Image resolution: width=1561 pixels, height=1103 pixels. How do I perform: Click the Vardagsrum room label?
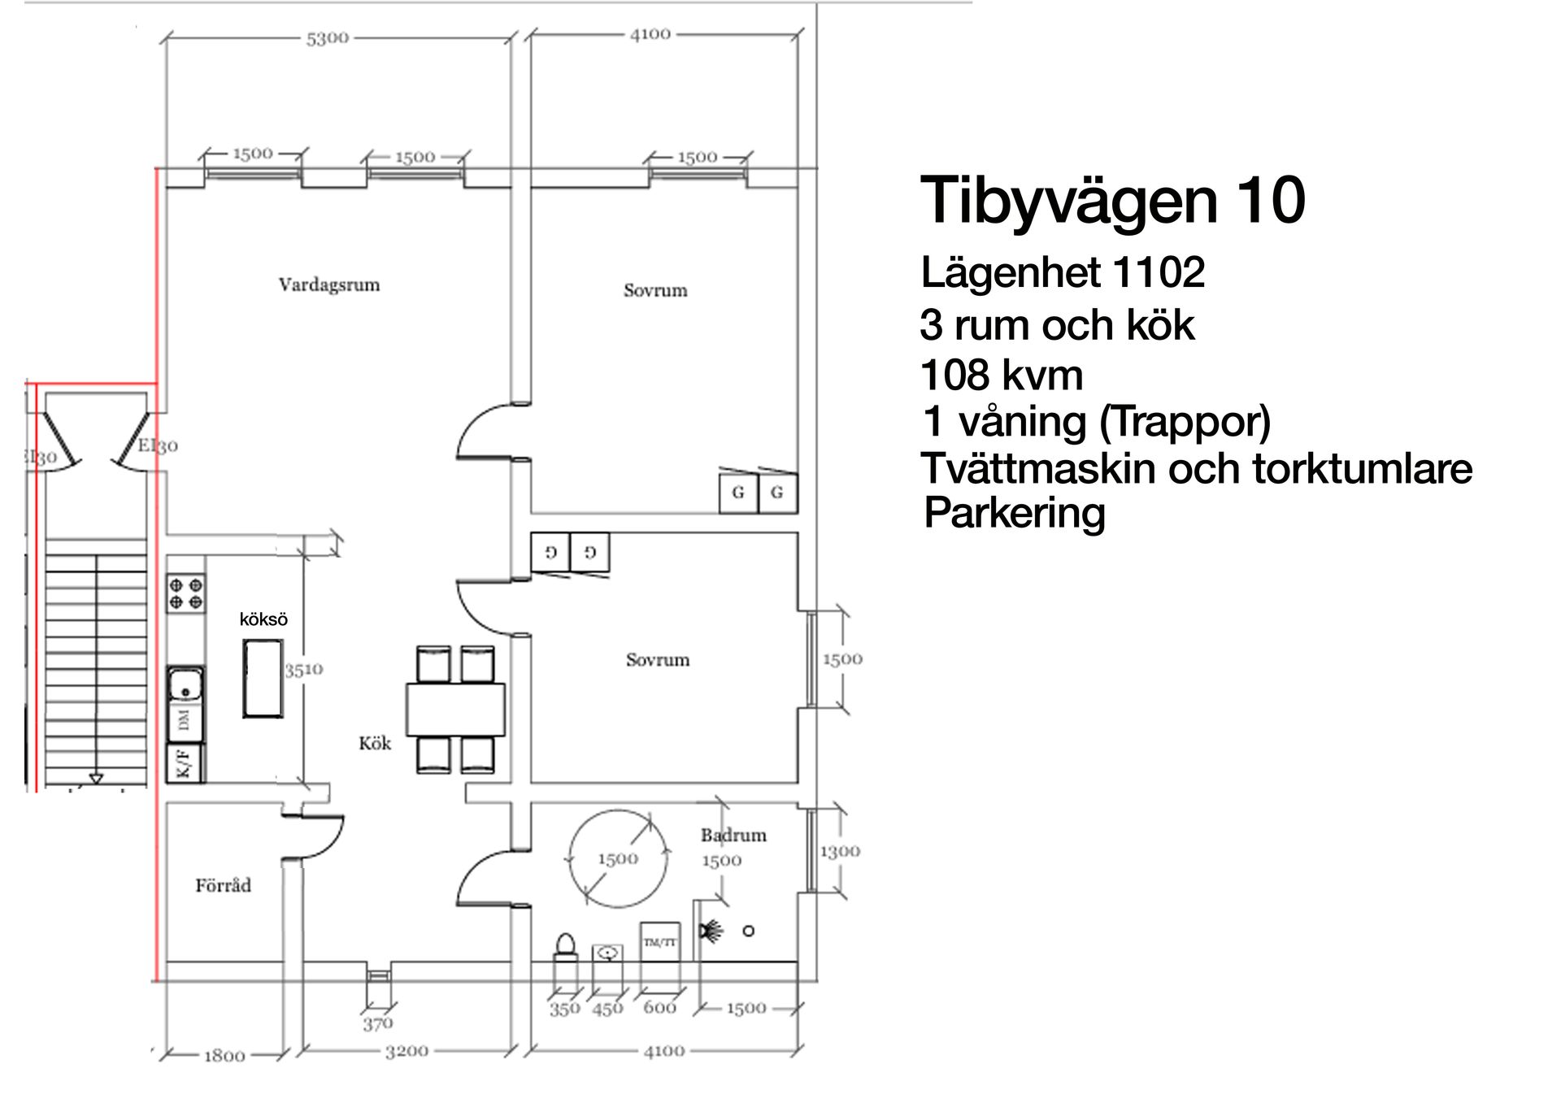click(x=328, y=285)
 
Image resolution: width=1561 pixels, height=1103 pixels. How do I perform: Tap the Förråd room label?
click(x=223, y=885)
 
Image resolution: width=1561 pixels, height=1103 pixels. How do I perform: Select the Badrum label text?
click(x=733, y=835)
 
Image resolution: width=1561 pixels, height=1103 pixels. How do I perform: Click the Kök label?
click(x=375, y=743)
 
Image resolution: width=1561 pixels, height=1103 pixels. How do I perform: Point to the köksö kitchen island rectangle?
click(x=263, y=678)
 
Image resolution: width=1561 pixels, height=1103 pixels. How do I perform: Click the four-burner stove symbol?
click(x=185, y=593)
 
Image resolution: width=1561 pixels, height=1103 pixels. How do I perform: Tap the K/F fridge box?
click(x=185, y=763)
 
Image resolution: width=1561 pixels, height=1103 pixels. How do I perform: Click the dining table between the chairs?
click(x=455, y=710)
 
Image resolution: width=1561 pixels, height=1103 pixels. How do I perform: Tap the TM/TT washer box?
click(x=659, y=943)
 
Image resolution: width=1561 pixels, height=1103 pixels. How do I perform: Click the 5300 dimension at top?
click(x=327, y=38)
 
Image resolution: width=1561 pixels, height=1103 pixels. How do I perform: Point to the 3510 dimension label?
click(x=303, y=670)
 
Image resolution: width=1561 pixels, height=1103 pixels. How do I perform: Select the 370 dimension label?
click(x=377, y=1024)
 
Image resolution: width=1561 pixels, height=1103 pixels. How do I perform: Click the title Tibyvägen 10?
click(x=1112, y=201)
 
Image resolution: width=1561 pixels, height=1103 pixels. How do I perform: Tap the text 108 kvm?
click(x=1001, y=376)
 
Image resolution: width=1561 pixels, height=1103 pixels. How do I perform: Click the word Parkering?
click(x=1014, y=514)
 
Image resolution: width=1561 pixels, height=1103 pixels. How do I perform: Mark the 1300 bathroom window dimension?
click(x=839, y=851)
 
